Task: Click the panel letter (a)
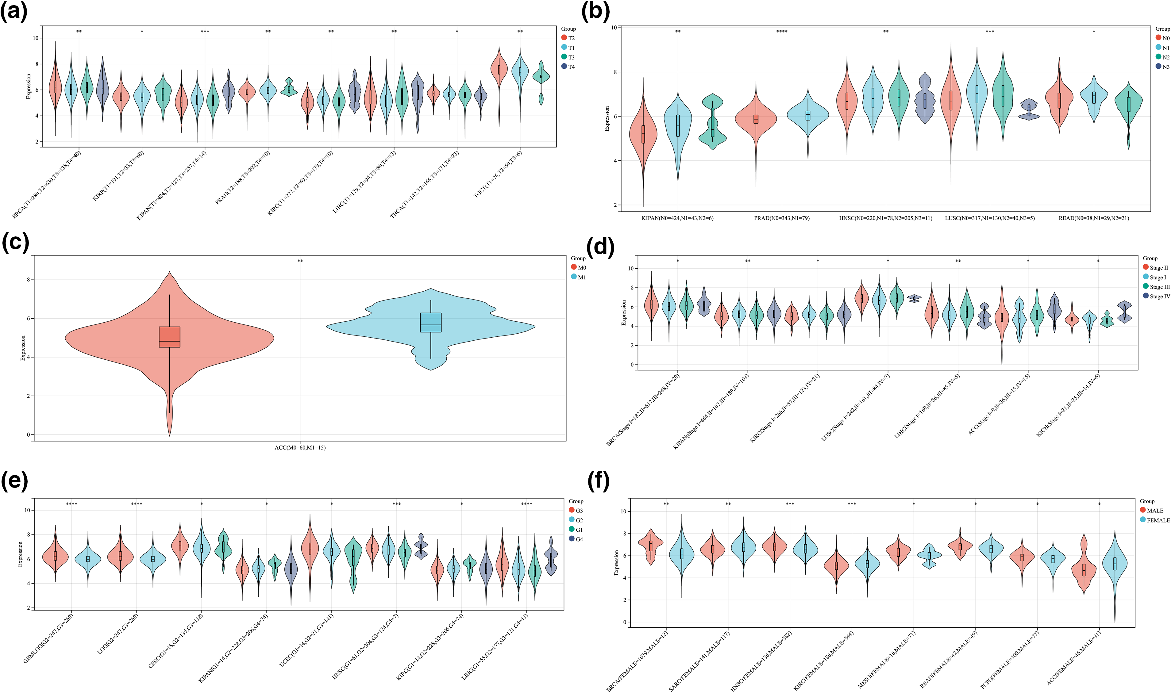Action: click(14, 12)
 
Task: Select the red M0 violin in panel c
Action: click(170, 338)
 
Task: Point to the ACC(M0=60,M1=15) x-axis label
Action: click(300, 448)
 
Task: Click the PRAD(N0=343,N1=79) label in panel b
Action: click(782, 218)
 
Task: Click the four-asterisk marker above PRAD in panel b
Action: click(782, 32)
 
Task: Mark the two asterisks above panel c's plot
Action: click(300, 261)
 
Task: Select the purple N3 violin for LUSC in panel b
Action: click(1029, 110)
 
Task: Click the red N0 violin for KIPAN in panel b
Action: click(643, 136)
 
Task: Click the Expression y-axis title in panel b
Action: click(607, 118)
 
